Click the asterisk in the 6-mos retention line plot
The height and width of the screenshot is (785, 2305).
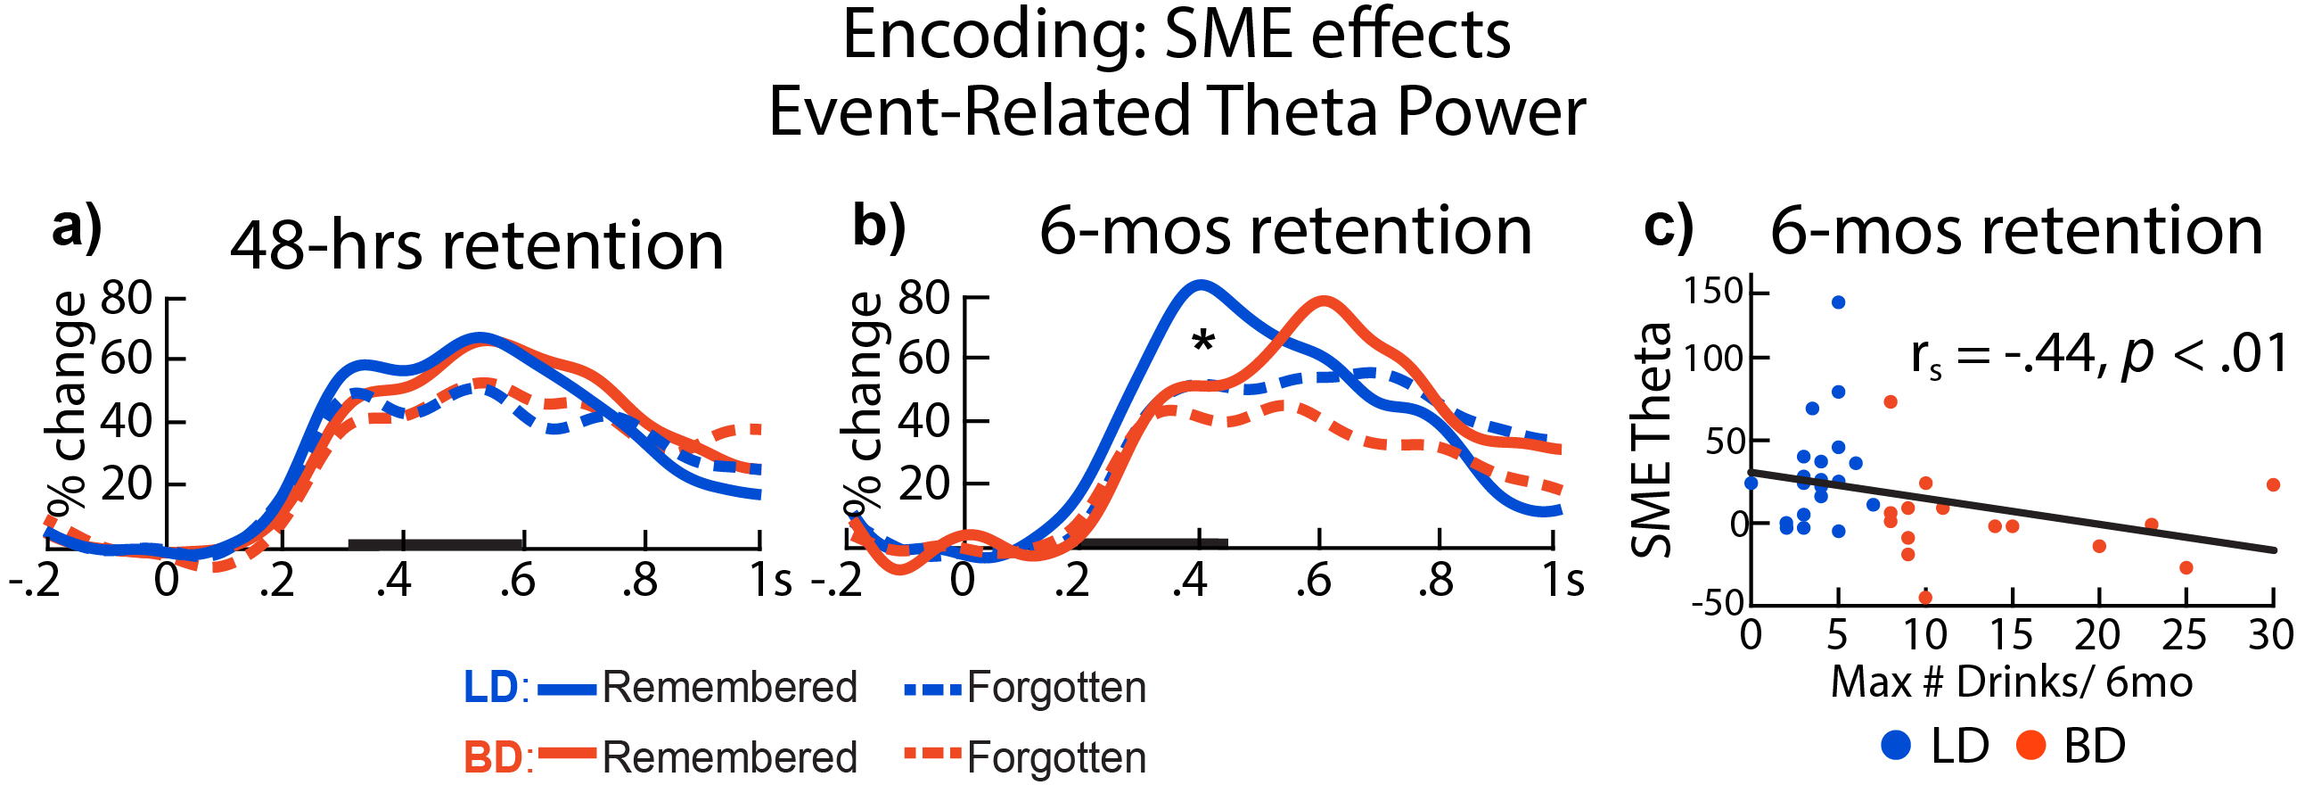click(1202, 341)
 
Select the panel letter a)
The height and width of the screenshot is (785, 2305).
click(77, 228)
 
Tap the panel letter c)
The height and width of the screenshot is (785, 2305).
click(1669, 228)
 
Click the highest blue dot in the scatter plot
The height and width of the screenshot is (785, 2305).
click(1838, 302)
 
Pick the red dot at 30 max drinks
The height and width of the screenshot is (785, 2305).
click(2273, 485)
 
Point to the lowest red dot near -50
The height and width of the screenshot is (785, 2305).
click(1925, 597)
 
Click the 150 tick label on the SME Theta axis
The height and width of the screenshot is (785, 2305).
click(1712, 292)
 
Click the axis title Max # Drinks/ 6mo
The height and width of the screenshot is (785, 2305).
click(2012, 682)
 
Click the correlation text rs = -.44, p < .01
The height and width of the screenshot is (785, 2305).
click(2098, 355)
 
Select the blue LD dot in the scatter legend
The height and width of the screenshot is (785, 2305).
click(1896, 745)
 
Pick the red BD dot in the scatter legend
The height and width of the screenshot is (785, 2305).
click(2031, 745)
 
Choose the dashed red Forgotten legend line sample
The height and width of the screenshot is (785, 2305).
click(933, 754)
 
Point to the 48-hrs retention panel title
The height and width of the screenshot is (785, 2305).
click(477, 245)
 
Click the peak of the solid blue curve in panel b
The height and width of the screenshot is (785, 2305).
click(1199, 285)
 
